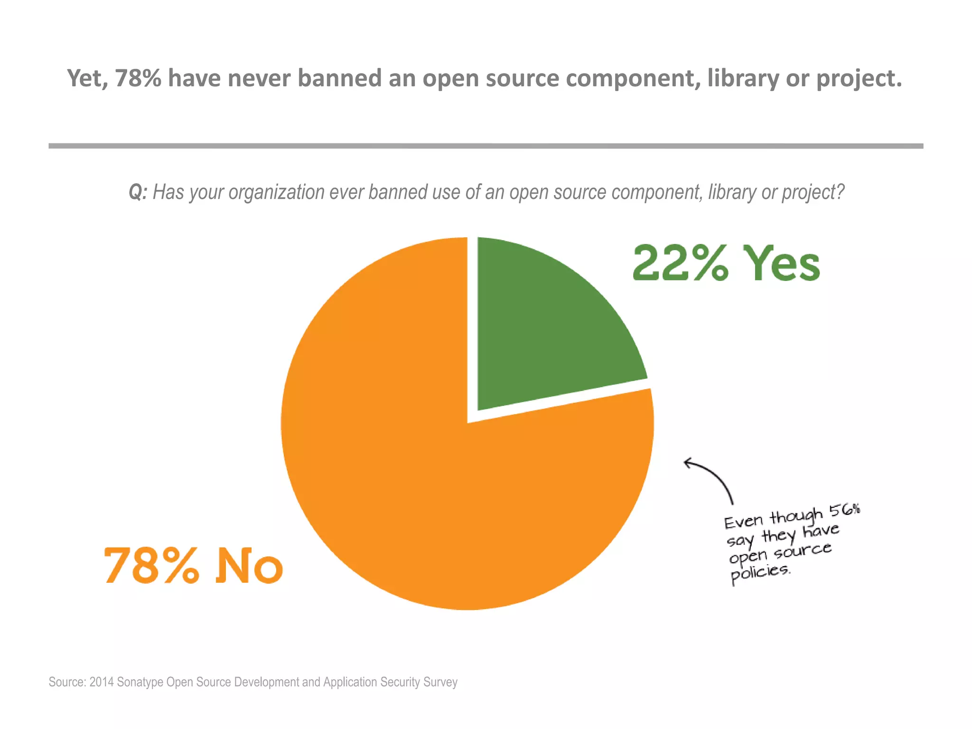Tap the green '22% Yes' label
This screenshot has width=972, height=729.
pos(726,263)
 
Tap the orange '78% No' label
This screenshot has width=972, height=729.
pos(193,566)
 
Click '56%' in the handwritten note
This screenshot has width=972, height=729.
pos(845,510)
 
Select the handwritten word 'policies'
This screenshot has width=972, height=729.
pos(759,573)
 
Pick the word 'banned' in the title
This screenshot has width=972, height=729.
pos(339,78)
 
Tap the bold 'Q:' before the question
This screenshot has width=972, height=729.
pos(138,193)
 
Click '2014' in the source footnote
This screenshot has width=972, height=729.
pos(102,682)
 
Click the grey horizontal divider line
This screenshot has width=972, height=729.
pos(486,146)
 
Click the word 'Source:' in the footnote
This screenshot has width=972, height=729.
pos(67,682)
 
